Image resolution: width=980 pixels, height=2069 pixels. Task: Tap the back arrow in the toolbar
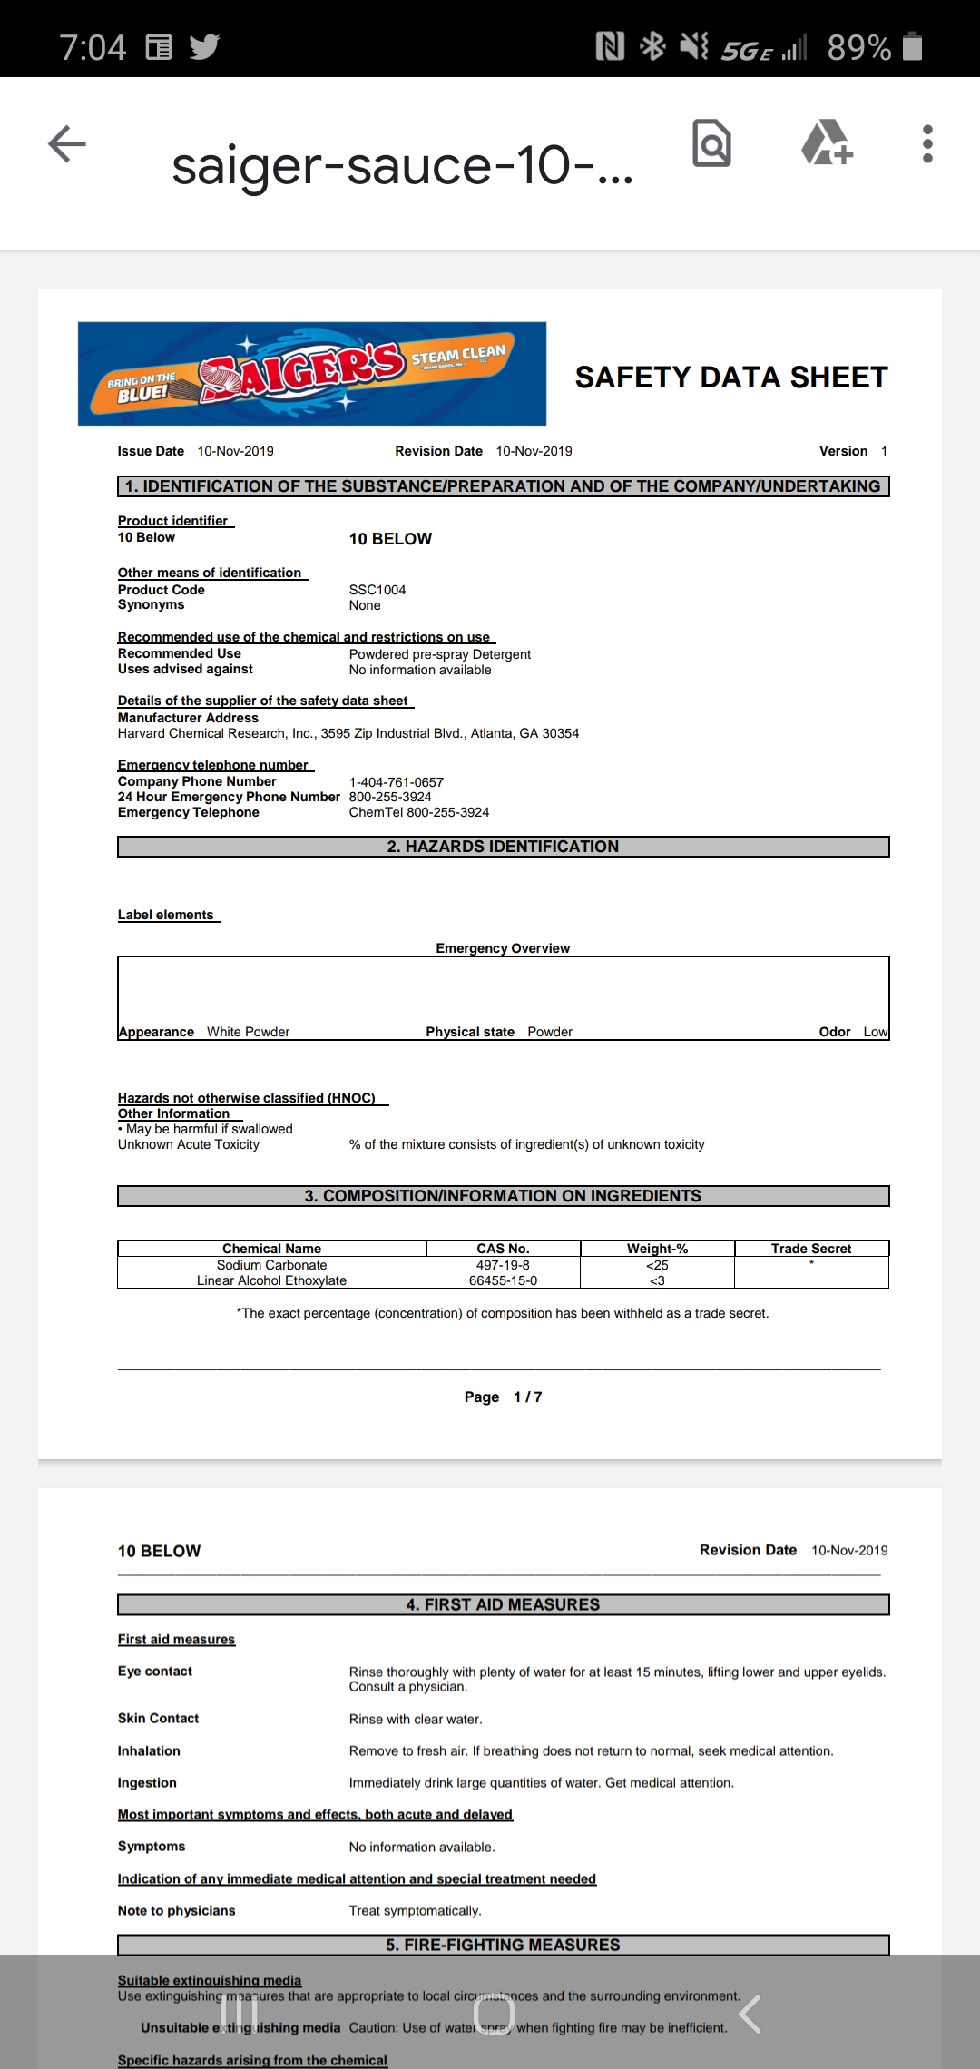click(67, 143)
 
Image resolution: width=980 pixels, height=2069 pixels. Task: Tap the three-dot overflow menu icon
click(926, 144)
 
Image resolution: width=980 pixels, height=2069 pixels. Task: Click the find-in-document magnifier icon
click(711, 143)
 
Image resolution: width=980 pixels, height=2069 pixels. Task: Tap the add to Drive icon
click(826, 142)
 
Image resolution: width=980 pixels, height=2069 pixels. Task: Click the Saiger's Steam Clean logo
click(311, 373)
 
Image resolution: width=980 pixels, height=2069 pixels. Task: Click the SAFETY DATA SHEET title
click(731, 378)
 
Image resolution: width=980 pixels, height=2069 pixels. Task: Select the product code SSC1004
click(377, 590)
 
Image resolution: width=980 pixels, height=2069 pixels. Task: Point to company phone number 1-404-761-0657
click(397, 782)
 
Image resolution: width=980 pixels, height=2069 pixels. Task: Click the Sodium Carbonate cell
click(271, 1265)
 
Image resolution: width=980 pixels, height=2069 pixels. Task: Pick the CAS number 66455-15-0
click(503, 1280)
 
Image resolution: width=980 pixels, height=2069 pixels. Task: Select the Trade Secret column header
click(811, 1249)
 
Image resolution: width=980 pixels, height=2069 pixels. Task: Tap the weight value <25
click(657, 1265)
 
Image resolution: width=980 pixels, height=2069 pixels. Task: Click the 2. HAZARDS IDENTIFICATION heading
click(503, 847)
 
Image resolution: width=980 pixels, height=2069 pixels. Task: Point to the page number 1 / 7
click(527, 1397)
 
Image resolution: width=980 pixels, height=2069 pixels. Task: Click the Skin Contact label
click(158, 1719)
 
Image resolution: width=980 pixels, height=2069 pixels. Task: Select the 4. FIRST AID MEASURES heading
click(503, 1604)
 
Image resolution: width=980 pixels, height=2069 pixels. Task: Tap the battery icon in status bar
click(913, 46)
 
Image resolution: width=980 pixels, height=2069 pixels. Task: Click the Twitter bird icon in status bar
click(205, 46)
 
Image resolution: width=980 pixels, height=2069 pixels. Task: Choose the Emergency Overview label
click(503, 948)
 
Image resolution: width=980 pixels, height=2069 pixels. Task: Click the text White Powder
click(248, 1032)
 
